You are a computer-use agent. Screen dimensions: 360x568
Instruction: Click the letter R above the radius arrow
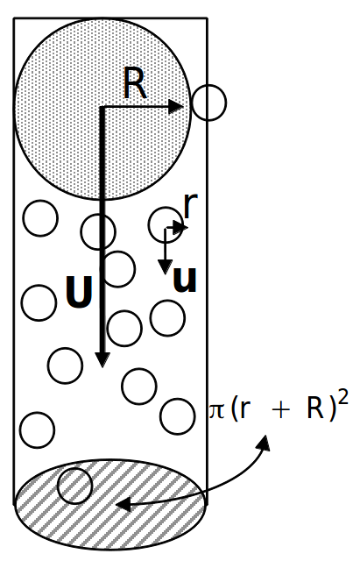click(135, 83)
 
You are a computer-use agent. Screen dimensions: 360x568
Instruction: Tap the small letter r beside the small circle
click(191, 205)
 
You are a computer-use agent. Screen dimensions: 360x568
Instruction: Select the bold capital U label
click(79, 292)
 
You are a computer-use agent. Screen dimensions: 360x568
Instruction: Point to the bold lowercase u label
click(185, 280)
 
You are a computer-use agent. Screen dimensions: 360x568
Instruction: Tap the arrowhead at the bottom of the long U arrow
click(102, 359)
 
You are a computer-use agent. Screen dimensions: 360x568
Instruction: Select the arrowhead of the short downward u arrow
click(166, 267)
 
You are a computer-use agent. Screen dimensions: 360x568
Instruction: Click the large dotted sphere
click(102, 109)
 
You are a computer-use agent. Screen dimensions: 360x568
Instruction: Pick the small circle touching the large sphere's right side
click(208, 103)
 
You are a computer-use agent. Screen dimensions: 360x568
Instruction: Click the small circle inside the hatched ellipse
click(75, 486)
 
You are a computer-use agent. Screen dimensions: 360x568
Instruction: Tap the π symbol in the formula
click(217, 410)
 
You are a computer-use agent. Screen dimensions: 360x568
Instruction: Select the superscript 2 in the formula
click(343, 399)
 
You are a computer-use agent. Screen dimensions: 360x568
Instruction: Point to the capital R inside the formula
click(315, 408)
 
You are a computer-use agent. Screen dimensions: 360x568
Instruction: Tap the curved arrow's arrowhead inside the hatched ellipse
click(123, 503)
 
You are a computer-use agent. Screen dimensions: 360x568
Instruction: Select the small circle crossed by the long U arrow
click(98, 231)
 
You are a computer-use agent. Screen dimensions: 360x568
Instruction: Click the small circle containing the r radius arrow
click(166, 225)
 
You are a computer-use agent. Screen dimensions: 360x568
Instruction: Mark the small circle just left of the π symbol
click(177, 416)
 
